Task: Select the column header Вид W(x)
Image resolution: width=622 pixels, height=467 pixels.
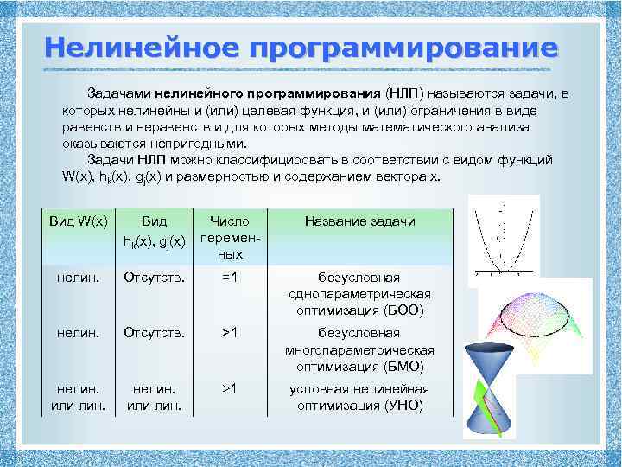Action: tap(79, 221)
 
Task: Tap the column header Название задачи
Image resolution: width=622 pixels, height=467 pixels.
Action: tap(359, 221)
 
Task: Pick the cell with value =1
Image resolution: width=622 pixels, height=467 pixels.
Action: tap(229, 278)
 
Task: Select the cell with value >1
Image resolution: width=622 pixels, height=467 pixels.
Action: tap(229, 333)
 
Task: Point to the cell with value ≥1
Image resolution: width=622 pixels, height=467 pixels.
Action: tap(229, 388)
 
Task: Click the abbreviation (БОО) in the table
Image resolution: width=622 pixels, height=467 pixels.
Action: tap(403, 310)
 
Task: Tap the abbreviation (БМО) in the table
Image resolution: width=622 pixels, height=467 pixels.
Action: tap(402, 366)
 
